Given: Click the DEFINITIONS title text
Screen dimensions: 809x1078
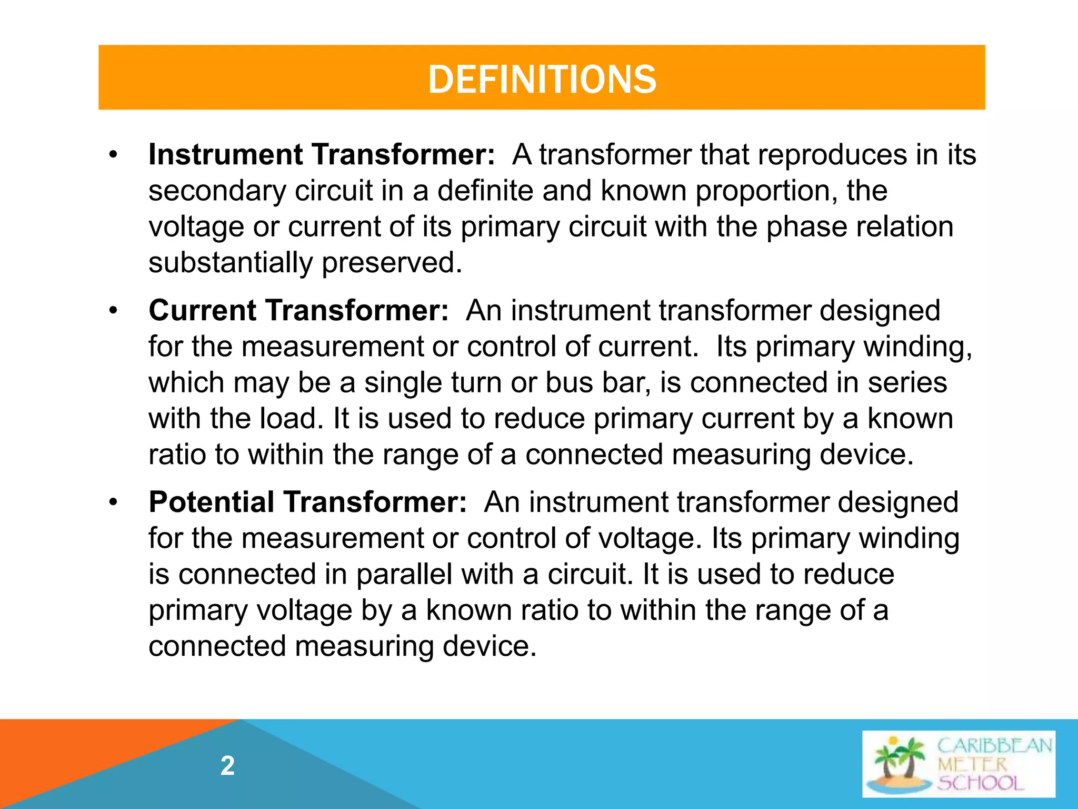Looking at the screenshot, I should [542, 80].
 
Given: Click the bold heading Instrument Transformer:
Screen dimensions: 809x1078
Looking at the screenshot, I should [321, 155].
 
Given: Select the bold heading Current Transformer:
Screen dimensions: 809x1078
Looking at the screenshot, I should [298, 310].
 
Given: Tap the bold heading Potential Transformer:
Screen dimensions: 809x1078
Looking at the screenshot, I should [307, 502].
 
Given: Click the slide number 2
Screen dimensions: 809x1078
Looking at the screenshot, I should [227, 766].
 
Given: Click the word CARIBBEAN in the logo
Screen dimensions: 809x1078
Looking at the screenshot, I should [994, 746].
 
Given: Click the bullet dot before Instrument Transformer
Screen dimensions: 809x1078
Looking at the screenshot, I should [113, 155].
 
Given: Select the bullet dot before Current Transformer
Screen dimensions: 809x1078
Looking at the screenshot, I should [113, 311].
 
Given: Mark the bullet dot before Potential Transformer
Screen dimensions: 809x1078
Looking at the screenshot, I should [113, 502].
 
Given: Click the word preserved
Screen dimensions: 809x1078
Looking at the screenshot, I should [392, 263].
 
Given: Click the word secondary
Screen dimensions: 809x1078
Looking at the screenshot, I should [217, 191].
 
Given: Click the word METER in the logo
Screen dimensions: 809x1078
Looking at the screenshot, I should [972, 764].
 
